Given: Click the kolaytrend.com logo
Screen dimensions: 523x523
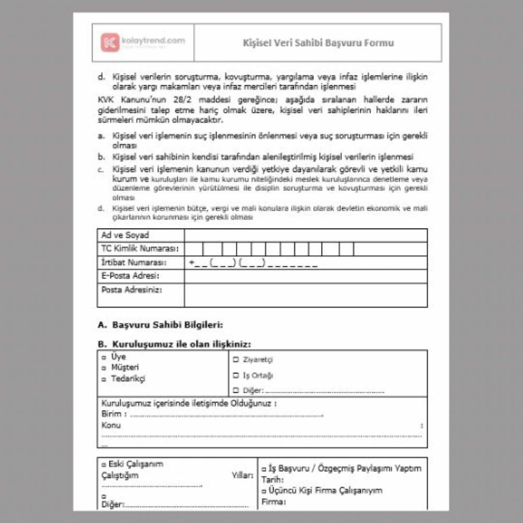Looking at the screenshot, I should click(x=142, y=42).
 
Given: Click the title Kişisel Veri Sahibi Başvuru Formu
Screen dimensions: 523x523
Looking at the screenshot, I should click(x=318, y=43).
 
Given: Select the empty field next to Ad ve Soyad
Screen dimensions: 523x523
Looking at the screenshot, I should click(x=305, y=235).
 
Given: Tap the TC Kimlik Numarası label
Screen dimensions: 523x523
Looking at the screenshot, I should click(x=140, y=248).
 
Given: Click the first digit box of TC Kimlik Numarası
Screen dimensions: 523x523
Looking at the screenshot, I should click(x=195, y=249).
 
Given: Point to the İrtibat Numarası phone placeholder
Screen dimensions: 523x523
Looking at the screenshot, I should click(x=253, y=263).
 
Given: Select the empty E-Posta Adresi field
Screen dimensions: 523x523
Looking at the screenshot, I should click(x=305, y=276).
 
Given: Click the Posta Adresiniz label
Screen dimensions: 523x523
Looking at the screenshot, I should click(x=132, y=289).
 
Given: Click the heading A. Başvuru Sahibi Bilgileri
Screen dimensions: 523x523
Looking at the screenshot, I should click(x=161, y=325).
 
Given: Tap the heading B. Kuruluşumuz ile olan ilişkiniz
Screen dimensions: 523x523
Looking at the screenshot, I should click(x=174, y=344).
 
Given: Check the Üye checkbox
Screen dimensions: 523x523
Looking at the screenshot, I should click(x=104, y=357).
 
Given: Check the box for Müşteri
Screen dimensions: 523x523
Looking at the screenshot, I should click(x=104, y=368).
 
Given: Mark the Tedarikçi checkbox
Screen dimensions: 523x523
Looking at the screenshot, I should click(x=104, y=379).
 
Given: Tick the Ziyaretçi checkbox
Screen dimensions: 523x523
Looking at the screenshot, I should click(x=236, y=360).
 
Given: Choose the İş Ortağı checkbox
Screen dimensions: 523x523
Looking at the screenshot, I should click(x=236, y=375).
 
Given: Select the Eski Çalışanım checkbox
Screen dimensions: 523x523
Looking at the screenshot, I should click(x=104, y=464).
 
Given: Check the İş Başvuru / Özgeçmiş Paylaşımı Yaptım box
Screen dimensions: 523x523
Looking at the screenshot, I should click(x=264, y=469).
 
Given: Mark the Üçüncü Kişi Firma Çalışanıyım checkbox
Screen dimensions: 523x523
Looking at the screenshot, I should click(x=264, y=491).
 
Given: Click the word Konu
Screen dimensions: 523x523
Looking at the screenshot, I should click(x=111, y=425).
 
